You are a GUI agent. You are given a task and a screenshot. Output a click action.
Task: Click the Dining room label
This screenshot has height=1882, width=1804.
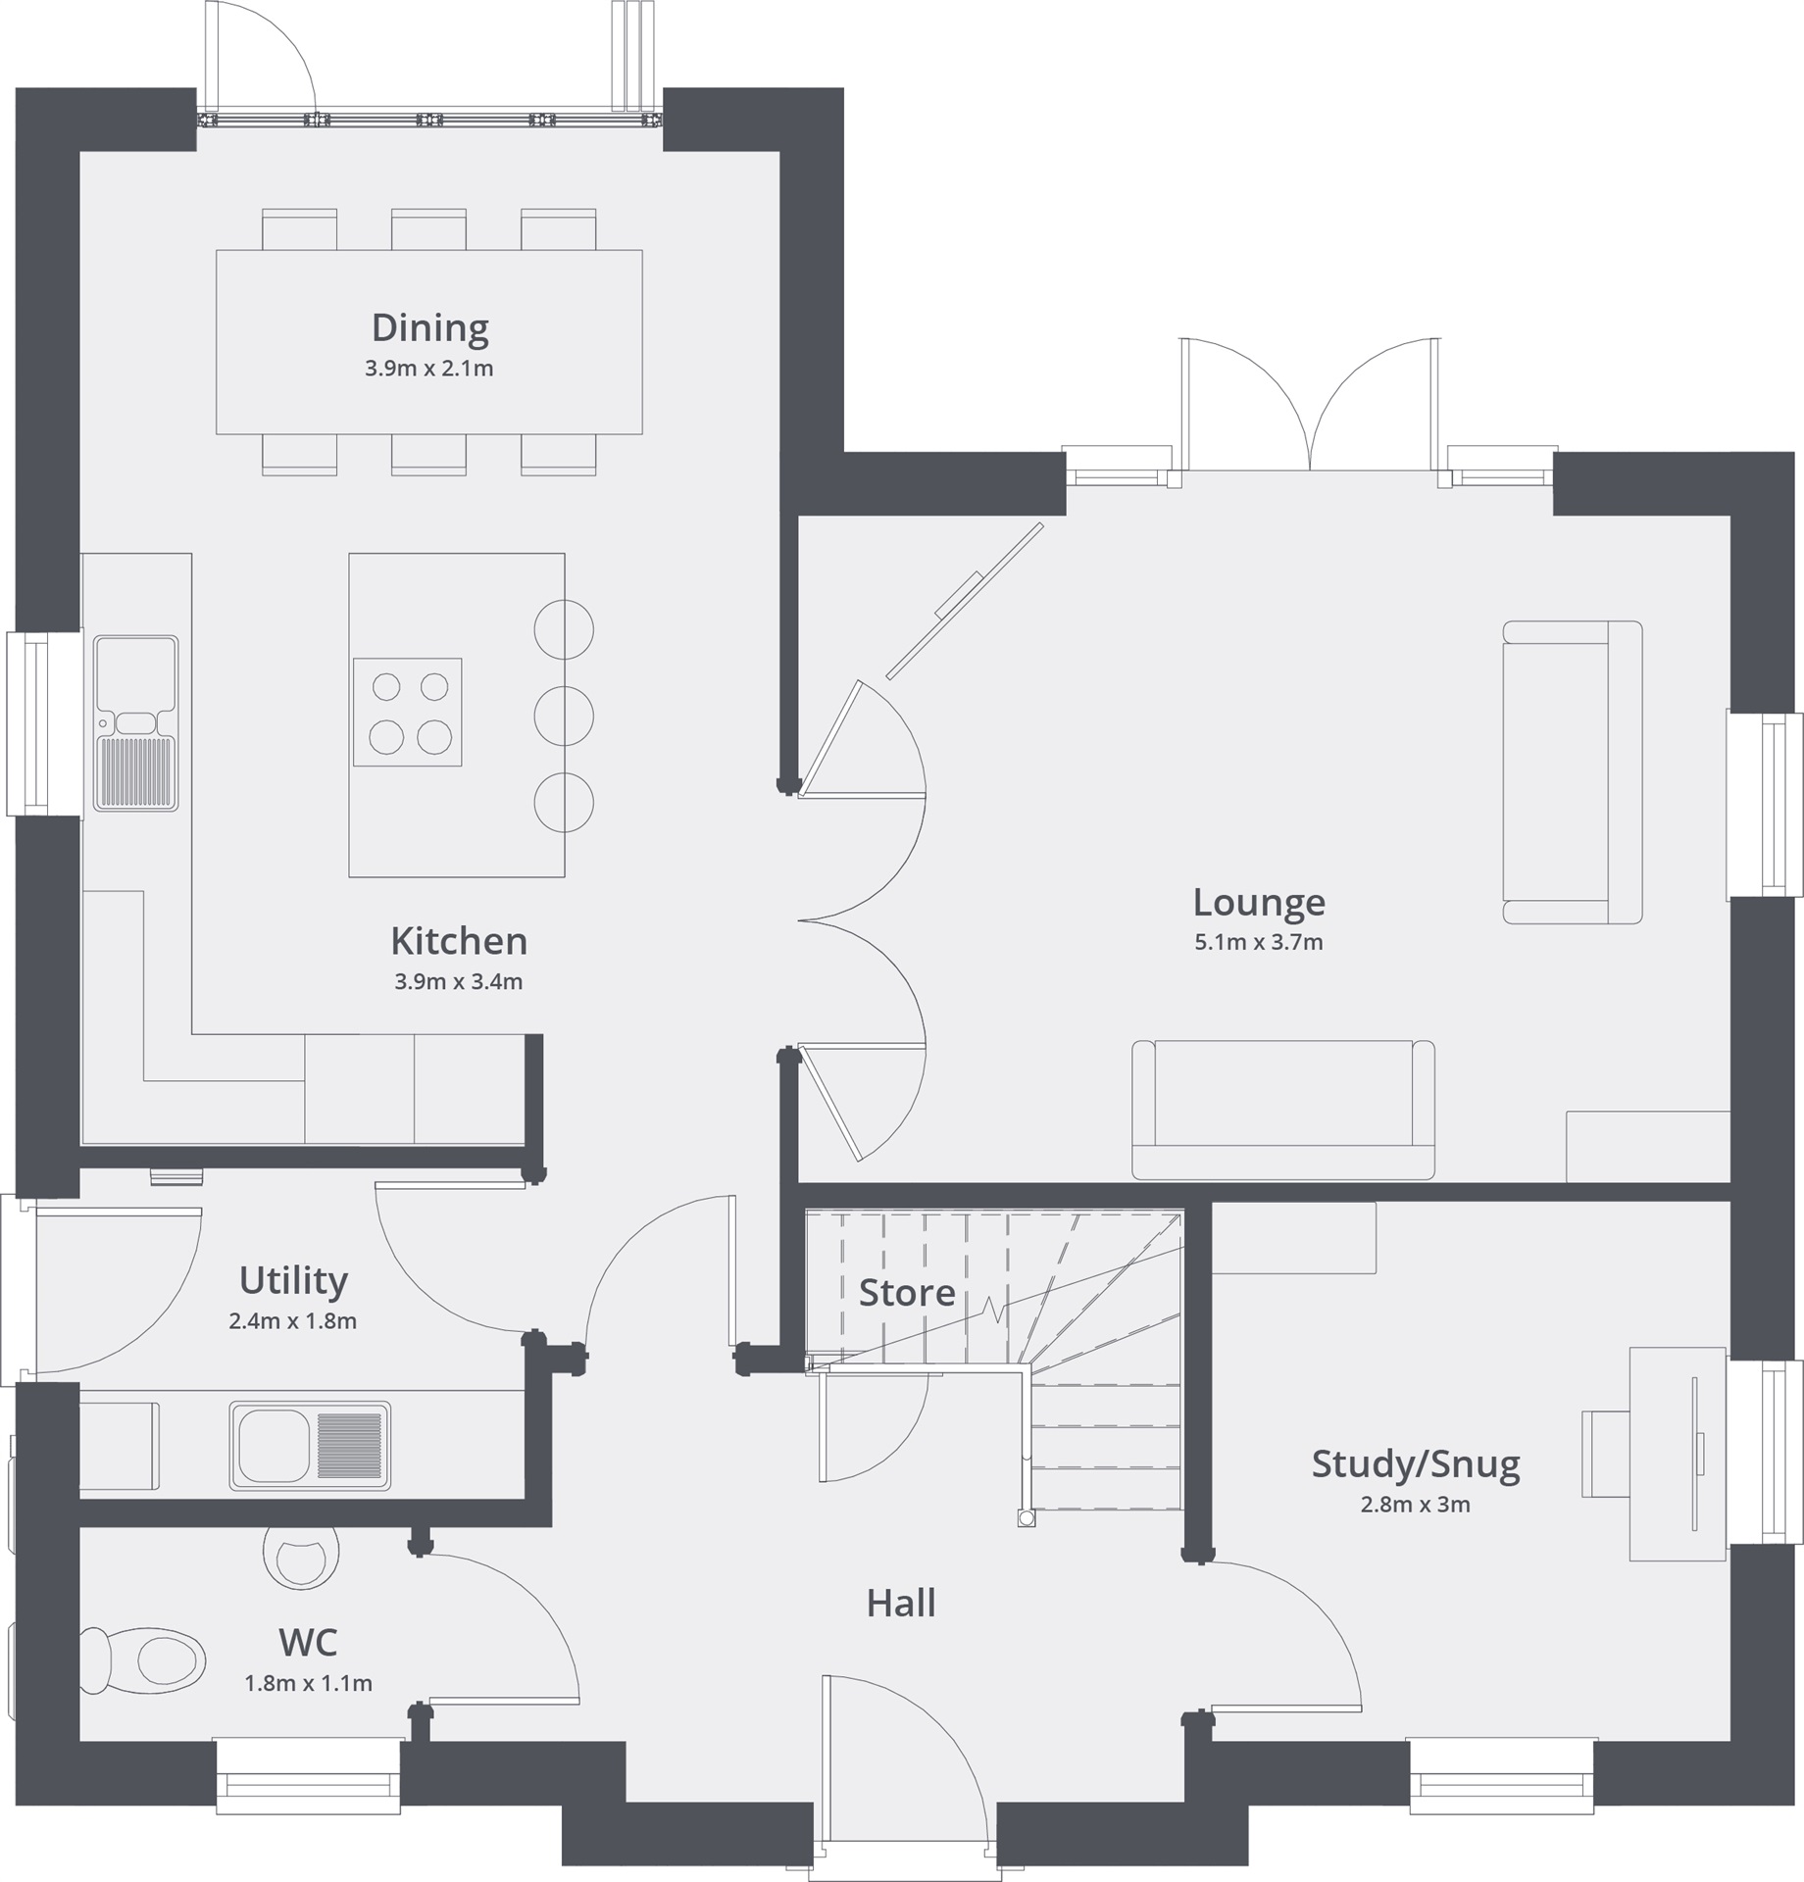pos(429,327)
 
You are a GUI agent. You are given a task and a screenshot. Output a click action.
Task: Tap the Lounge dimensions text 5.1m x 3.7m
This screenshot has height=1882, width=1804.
pos(1258,943)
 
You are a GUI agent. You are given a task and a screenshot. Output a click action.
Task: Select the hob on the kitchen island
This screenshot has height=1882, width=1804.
pos(407,712)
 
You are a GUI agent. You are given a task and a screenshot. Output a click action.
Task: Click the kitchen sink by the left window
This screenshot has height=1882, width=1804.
pos(136,723)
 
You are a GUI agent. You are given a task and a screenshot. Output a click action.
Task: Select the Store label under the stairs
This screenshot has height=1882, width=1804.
pos(906,1293)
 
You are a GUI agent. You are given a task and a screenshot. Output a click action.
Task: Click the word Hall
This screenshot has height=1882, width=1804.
pos(900,1604)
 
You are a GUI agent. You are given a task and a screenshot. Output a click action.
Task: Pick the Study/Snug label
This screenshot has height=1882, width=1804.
pos(1415,1464)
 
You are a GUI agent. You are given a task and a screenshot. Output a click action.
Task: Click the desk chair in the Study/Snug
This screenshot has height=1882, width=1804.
pos(1605,1454)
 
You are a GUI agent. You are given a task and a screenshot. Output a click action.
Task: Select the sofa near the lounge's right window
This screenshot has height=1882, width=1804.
pos(1572,771)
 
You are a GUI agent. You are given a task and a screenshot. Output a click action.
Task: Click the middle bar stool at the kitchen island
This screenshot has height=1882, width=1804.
pos(564,716)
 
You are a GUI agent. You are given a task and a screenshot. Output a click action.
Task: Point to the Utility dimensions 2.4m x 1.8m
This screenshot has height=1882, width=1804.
pos(292,1321)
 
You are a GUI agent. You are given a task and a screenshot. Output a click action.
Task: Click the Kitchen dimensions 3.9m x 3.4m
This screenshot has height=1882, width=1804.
pos(458,982)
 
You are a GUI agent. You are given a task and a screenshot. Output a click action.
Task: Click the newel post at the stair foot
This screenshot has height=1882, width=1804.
pos(1026,1518)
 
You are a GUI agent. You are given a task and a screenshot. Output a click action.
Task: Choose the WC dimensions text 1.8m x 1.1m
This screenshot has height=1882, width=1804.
pos(308,1684)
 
